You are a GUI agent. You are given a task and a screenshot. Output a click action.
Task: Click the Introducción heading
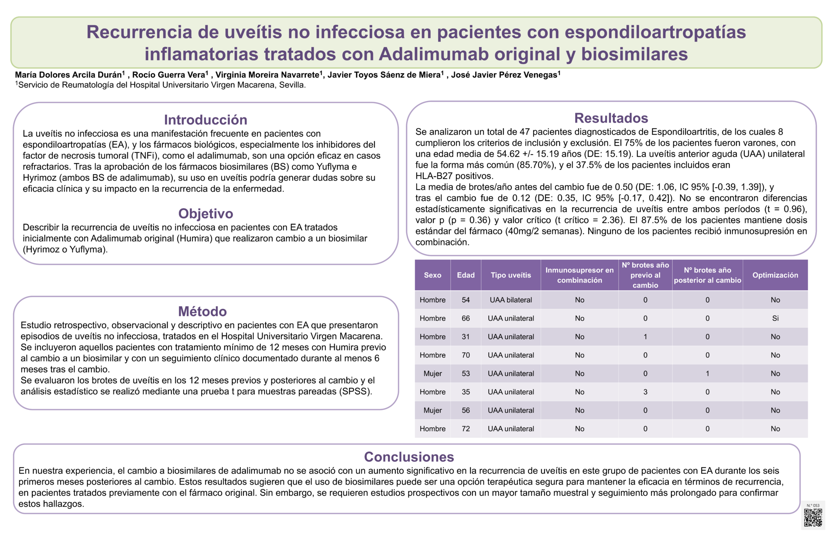tap(206, 120)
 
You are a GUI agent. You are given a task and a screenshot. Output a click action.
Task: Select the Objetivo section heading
tap(206, 213)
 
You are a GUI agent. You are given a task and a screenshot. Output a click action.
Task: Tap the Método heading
tap(202, 311)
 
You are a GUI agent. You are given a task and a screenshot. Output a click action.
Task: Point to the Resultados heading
tap(611, 118)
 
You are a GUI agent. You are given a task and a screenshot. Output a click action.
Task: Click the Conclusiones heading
tap(409, 457)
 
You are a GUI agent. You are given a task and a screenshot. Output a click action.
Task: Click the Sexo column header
tap(432, 275)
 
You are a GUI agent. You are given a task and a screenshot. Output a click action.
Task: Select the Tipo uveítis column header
tap(510, 275)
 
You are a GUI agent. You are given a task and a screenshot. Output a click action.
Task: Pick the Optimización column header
tap(775, 275)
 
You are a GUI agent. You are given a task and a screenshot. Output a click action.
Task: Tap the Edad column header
tap(466, 275)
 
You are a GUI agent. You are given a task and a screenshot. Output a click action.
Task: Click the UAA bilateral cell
tap(510, 300)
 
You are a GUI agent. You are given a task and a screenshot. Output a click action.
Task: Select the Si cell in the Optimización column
tap(775, 318)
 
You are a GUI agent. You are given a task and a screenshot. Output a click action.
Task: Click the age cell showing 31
tap(466, 337)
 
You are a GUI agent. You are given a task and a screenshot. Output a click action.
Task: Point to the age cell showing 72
tap(466, 429)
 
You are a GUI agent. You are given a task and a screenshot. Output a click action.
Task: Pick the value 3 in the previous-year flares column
tap(645, 392)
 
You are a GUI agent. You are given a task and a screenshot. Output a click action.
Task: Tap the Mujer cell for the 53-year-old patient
tap(432, 374)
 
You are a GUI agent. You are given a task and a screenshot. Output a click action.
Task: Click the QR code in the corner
tap(813, 517)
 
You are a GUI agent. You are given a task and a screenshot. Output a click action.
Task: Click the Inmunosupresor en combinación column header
tap(579, 275)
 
